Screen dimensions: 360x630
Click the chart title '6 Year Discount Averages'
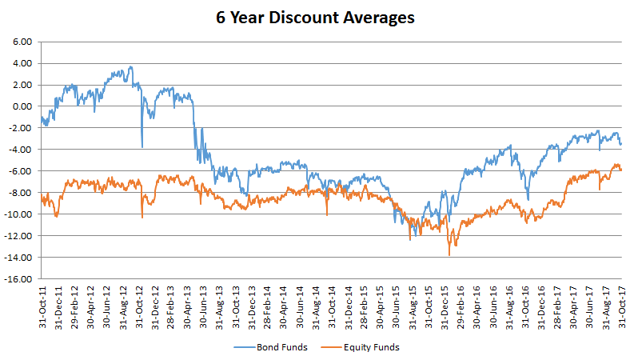click(315, 17)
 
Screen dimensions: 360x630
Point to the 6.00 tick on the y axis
click(22, 42)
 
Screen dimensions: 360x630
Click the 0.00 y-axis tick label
click(22, 106)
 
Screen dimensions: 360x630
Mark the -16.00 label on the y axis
click(18, 279)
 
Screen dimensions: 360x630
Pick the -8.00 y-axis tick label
click(20, 193)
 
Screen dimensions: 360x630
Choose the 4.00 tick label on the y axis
click(22, 63)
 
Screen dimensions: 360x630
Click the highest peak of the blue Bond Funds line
click(130, 67)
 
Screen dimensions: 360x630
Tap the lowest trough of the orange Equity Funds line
click(449, 255)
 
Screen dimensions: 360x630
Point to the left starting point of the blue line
click(41, 118)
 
